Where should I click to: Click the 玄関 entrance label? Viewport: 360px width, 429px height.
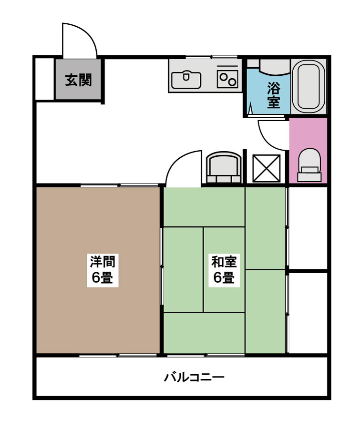[78, 80]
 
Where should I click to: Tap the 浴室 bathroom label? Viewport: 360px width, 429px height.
[273, 95]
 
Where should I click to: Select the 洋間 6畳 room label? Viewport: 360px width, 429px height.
[102, 269]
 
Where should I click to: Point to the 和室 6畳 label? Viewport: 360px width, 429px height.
[224, 269]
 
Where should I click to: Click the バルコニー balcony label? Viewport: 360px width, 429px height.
[194, 378]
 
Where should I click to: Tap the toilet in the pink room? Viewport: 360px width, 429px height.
[309, 164]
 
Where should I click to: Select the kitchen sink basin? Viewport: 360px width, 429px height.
[186, 78]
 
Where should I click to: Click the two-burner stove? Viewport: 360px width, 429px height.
[227, 78]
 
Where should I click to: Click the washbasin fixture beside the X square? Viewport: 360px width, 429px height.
[223, 168]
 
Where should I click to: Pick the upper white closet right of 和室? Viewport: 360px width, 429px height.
[308, 228]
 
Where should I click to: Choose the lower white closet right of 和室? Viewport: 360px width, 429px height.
[308, 313]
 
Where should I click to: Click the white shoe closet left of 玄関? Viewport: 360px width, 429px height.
[45, 79]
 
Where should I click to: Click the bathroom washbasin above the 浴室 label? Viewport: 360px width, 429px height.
[269, 67]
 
